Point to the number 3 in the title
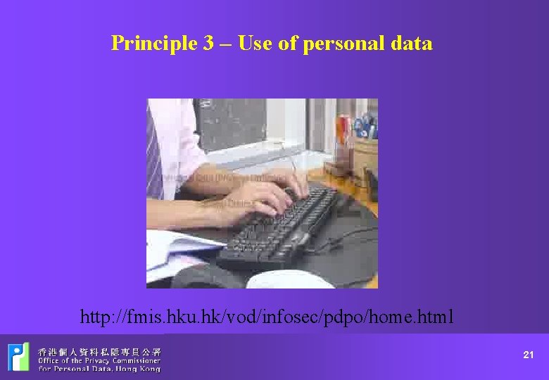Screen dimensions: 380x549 click(209, 44)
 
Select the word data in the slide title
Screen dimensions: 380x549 click(412, 44)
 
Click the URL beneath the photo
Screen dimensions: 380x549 click(267, 317)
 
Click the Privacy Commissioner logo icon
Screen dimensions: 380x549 click(19, 357)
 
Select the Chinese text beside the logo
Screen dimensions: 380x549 click(99, 351)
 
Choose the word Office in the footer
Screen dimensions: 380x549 click(50, 360)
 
